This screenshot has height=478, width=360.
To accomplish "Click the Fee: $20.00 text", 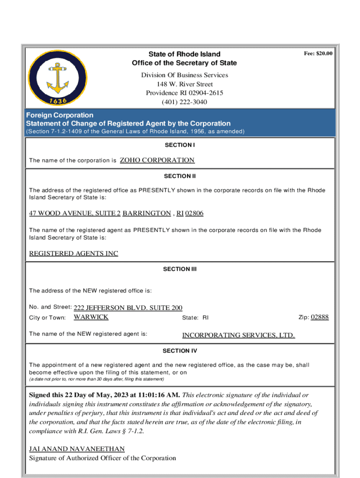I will tap(318, 54).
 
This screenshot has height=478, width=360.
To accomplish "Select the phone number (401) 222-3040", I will tap(184, 102).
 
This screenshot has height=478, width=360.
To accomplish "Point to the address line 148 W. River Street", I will tap(185, 84).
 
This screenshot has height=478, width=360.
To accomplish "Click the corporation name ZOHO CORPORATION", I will tap(157, 160).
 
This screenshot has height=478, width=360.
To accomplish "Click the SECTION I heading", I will tap(180, 145).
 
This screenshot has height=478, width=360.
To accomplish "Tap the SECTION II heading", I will tap(180, 176).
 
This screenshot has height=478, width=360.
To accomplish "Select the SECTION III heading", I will tap(180, 269).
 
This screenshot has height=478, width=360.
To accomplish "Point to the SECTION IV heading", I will tap(180, 351).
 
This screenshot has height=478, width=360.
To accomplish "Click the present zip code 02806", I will tap(194, 213).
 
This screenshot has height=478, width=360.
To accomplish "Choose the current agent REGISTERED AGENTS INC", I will tap(73, 253).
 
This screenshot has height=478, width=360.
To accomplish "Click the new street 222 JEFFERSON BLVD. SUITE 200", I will tap(128, 308).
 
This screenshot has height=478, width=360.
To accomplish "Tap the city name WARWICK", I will tap(91, 317).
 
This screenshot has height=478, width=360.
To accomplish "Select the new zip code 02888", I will tap(320, 317).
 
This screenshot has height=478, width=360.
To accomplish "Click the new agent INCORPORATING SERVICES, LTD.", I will tap(238, 335).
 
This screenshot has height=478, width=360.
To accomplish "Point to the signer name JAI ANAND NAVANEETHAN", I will tap(77, 449).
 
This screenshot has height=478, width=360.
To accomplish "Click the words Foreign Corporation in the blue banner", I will tap(60, 115).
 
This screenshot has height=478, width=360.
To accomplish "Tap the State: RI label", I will tap(195, 317).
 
